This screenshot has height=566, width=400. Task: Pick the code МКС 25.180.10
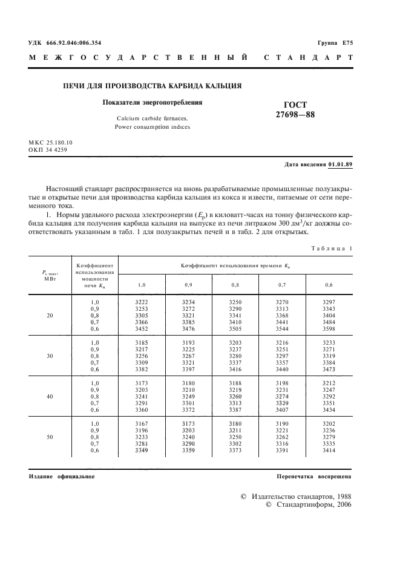click(x=50, y=143)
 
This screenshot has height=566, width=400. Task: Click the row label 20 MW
click(x=50, y=316)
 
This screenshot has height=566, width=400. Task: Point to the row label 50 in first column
click(x=50, y=436)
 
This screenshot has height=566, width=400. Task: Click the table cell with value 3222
click(x=141, y=301)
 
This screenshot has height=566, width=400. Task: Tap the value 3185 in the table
click(x=141, y=342)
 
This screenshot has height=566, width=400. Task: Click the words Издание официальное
click(x=62, y=477)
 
